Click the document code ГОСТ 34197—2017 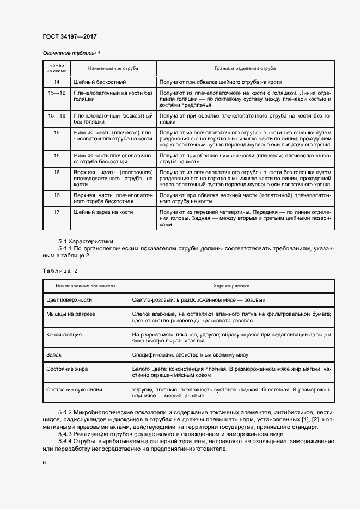pyautogui.click(x=70, y=37)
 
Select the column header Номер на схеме pyautogui.click(x=56, y=69)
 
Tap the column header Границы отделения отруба pyautogui.click(x=245, y=69)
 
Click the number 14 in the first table pyautogui.click(x=56, y=82)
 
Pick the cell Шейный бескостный pyautogui.click(x=100, y=82)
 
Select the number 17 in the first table pyautogui.click(x=56, y=212)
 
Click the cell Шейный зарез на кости pyautogui.click(x=103, y=212)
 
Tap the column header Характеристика pyautogui.click(x=231, y=285)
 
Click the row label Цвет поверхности pyautogui.click(x=69, y=299)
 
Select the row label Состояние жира pyautogui.click(x=68, y=369)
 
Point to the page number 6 pyautogui.click(x=44, y=462)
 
